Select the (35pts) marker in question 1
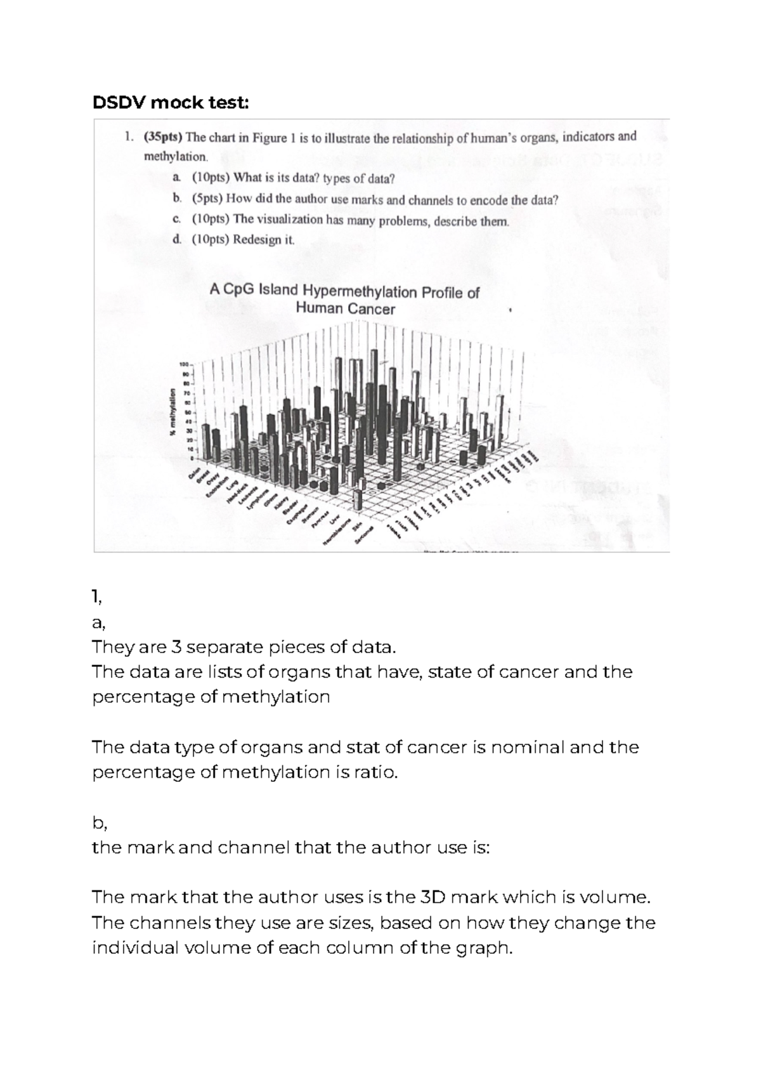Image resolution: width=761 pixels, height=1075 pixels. pyautogui.click(x=162, y=137)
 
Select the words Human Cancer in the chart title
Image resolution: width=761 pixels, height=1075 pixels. pyautogui.click(x=346, y=309)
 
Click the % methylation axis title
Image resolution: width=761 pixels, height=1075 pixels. pyautogui.click(x=172, y=411)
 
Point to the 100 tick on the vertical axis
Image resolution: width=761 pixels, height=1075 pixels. pyautogui.click(x=184, y=365)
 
